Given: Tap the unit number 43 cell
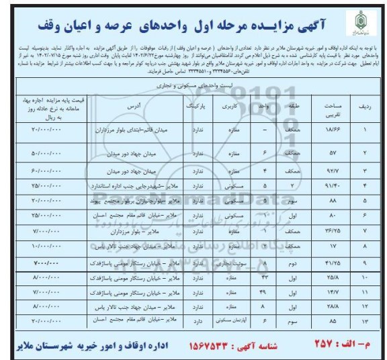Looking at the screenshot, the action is click(264, 275).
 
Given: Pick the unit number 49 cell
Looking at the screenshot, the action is click(264, 291).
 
